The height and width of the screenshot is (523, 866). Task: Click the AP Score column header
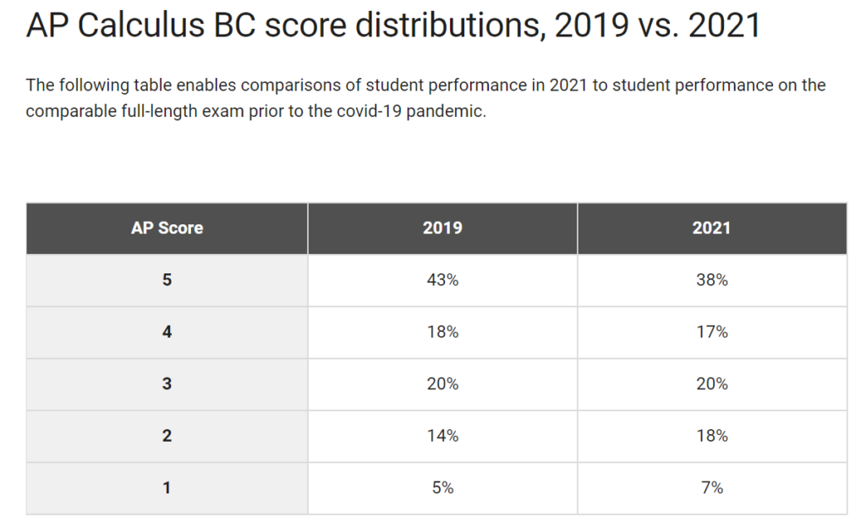click(167, 228)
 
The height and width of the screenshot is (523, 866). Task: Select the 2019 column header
click(442, 228)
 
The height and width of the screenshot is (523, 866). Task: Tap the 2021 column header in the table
click(711, 228)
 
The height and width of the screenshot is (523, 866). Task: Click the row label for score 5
click(167, 280)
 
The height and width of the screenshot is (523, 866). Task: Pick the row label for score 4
click(167, 332)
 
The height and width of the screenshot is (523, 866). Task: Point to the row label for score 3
click(167, 384)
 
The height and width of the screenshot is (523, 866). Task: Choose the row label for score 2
click(167, 436)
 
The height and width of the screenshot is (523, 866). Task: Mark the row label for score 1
click(167, 487)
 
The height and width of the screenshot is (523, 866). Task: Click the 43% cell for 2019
click(442, 280)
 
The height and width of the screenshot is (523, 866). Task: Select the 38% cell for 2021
click(711, 280)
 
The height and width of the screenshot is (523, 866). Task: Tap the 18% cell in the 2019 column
click(442, 332)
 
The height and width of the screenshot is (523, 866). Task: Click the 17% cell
click(711, 332)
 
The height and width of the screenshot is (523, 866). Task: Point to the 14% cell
click(442, 436)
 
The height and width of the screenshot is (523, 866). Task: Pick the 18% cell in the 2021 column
click(711, 436)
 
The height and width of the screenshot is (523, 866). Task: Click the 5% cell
click(442, 487)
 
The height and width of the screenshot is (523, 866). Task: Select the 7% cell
click(711, 487)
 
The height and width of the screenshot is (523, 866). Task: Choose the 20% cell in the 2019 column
click(442, 384)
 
